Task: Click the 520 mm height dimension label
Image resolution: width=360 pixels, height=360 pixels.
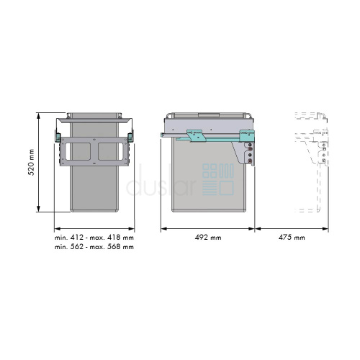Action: [x=32, y=162]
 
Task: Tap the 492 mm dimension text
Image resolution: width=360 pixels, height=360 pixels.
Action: [x=208, y=238]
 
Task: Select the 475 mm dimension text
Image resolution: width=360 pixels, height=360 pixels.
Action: [x=292, y=238]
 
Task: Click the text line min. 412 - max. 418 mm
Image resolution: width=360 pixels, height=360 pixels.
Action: [x=94, y=238]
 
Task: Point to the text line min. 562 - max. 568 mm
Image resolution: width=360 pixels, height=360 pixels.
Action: [x=94, y=247]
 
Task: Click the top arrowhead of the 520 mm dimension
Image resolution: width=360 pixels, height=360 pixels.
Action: [x=38, y=115]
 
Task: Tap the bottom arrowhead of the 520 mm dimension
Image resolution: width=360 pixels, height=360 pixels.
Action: [x=38, y=209]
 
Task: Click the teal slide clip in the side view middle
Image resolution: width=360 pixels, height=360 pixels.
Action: [x=197, y=135]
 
